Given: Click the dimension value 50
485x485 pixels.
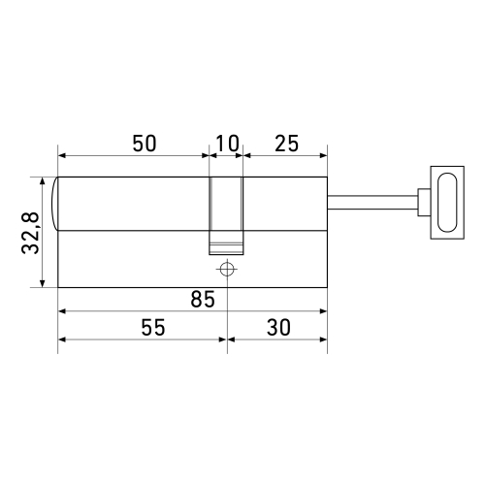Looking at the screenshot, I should [144, 143].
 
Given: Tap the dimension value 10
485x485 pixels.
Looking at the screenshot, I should [226, 143].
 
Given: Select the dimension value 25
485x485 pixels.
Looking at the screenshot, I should [285, 143].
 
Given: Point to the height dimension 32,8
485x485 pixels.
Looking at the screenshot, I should [31, 233].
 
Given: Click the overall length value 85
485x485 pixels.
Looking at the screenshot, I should [202, 300].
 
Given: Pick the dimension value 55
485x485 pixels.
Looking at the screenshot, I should [144, 328].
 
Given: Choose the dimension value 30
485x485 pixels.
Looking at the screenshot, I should [278, 328].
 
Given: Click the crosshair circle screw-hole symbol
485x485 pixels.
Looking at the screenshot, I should [226, 269].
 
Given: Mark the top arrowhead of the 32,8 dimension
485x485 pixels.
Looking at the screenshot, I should [43, 181].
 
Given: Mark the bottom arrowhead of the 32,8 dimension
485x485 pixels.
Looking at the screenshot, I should [43, 283].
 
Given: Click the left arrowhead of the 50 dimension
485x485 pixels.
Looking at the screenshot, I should [63, 154].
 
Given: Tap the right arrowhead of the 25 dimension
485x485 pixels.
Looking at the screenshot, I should [322, 154].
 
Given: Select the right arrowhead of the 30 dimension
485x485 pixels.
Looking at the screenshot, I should [322, 339].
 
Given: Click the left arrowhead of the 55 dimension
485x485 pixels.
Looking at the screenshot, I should [63, 339].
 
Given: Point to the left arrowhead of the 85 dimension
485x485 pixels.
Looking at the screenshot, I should [63, 311].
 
